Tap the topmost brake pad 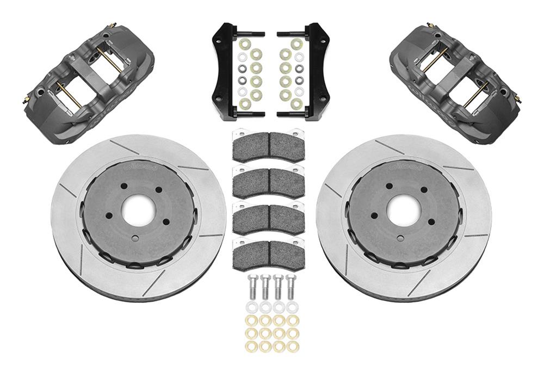click(268, 146)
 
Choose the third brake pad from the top click(268, 218)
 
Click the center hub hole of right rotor click(403, 210)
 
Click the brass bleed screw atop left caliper click(112, 25)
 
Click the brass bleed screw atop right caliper click(430, 25)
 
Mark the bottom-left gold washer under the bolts click(251, 346)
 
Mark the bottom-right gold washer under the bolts click(293, 346)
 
